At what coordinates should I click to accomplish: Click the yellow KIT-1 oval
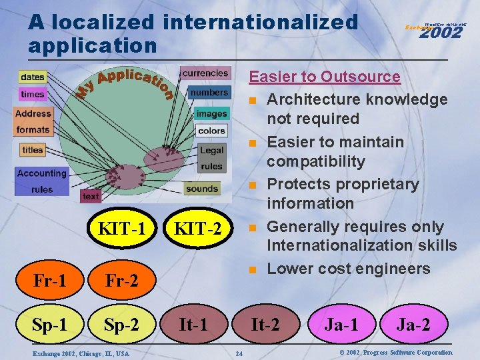coord(121,229)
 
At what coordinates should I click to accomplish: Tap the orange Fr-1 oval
coord(49,279)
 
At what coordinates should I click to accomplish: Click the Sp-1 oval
coord(49,325)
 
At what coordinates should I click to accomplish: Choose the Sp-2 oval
coord(122,325)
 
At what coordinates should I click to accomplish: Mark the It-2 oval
coord(265,325)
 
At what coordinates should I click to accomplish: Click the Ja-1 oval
coord(341,325)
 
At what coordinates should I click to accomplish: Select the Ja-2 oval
coord(413,325)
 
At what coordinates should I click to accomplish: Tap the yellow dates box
coord(32,77)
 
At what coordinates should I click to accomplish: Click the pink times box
coord(32,94)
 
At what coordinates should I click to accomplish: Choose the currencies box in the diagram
coord(205,73)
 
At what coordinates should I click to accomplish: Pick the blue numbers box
coord(209,92)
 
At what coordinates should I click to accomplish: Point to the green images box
coord(211,113)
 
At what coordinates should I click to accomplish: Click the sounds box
coord(202,189)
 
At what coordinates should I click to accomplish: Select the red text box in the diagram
coord(91,196)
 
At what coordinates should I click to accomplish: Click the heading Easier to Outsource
coord(324,77)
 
